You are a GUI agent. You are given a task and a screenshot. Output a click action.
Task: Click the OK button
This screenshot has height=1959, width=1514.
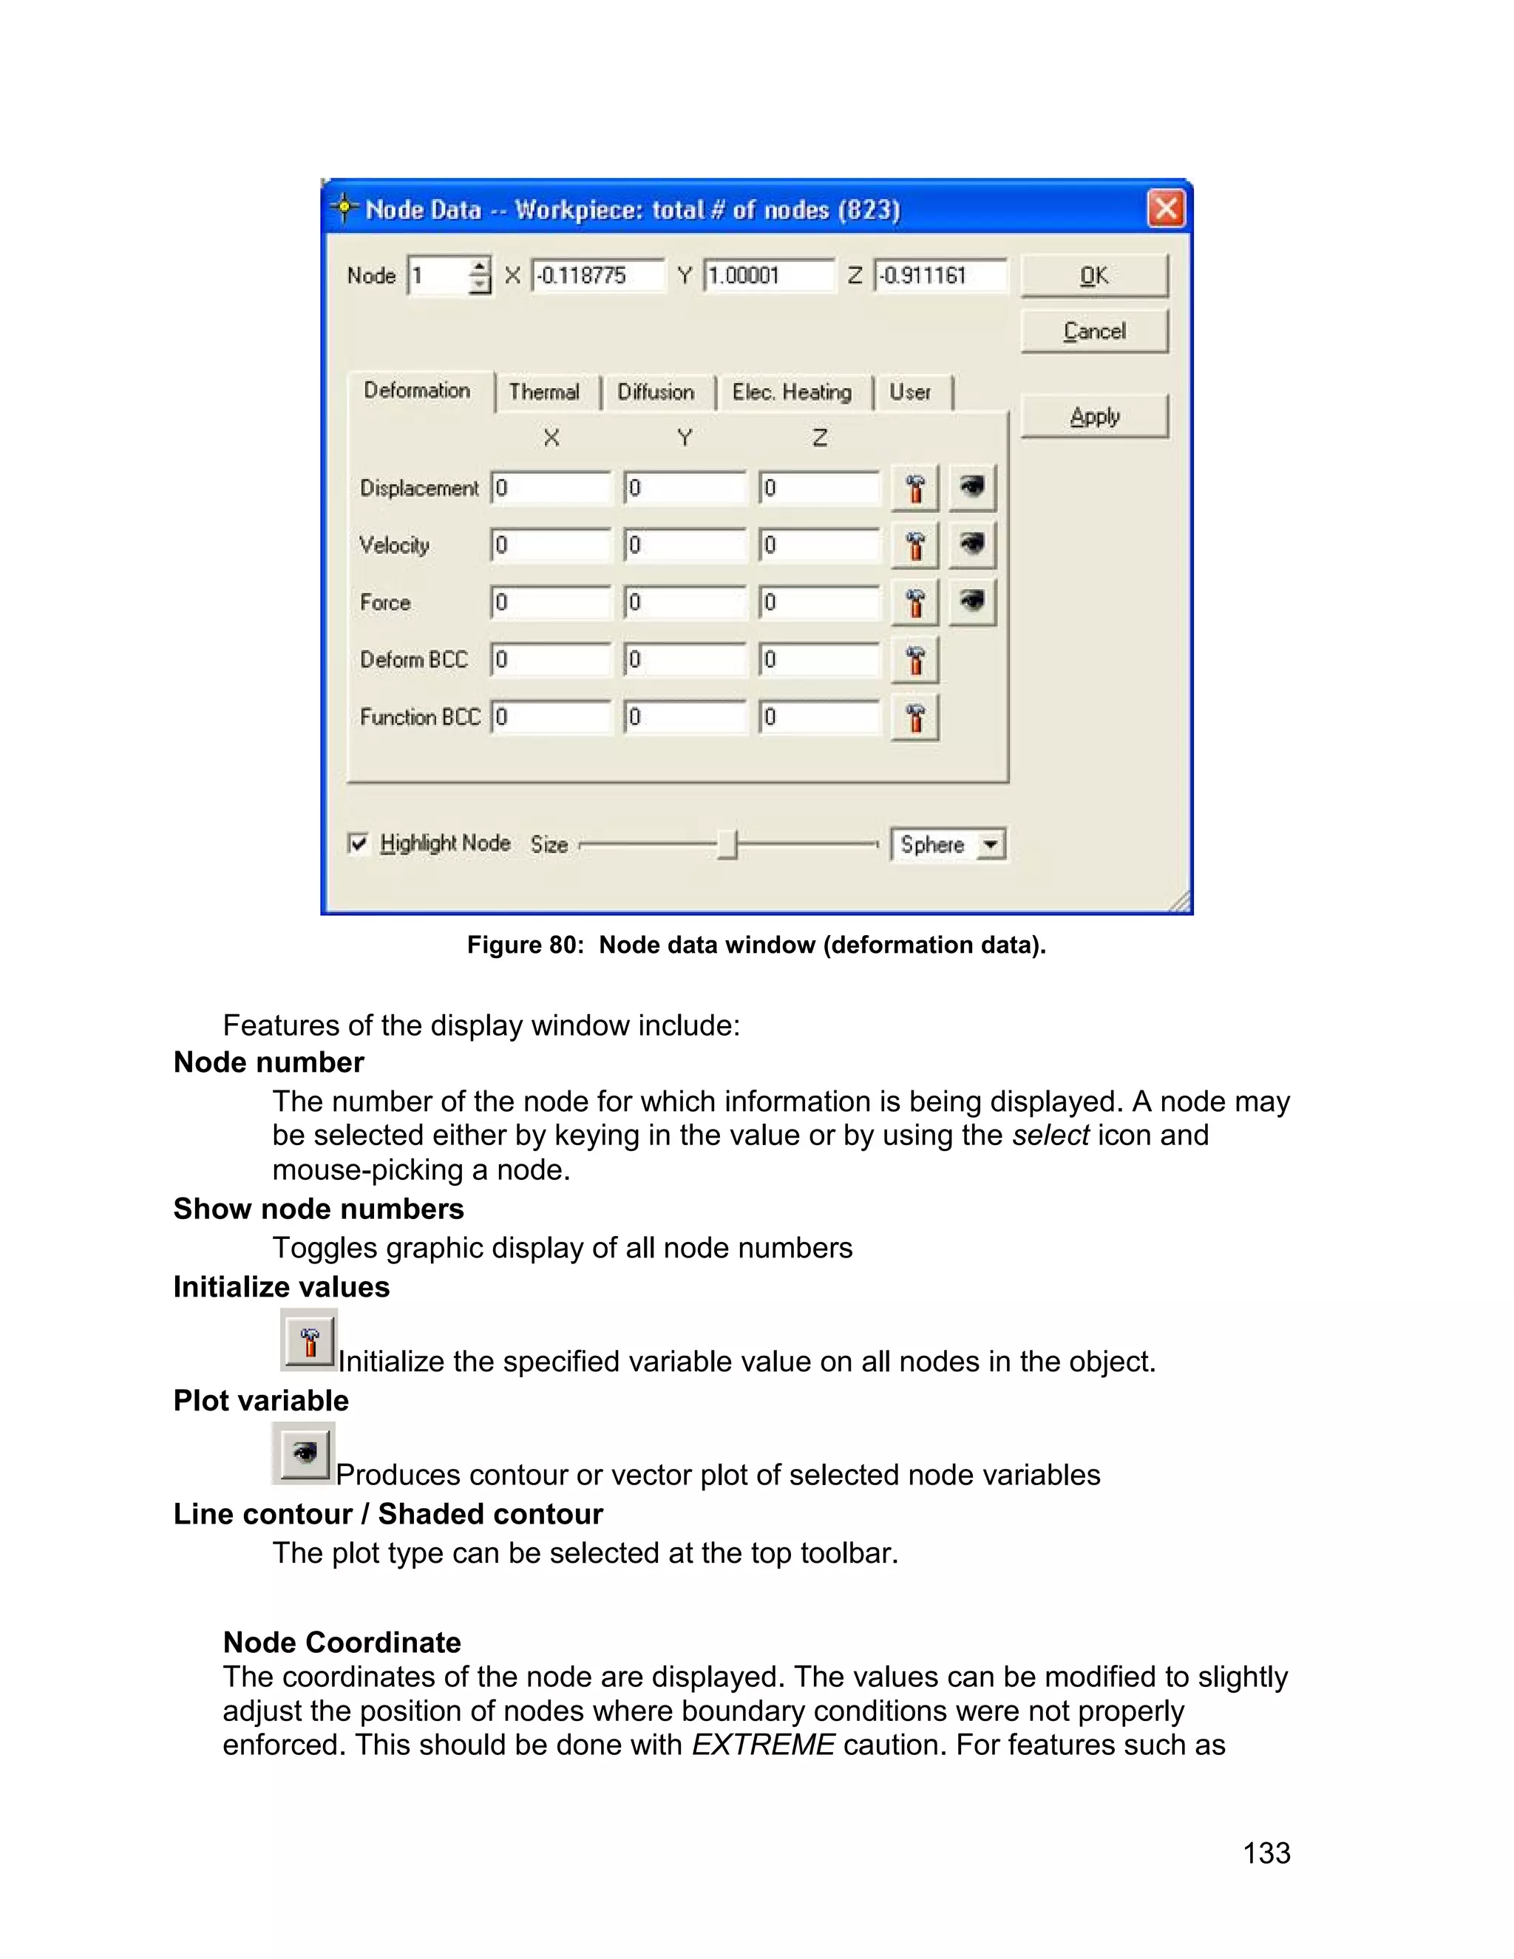coord(1093,276)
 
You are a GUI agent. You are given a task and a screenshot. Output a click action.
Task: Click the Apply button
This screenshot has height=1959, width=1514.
coord(1093,416)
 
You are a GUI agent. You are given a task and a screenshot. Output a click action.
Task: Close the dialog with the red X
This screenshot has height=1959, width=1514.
coord(1165,209)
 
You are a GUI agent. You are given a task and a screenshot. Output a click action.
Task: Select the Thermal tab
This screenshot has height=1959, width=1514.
coord(544,392)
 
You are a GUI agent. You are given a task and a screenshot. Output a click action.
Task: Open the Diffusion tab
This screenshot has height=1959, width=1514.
coord(656,392)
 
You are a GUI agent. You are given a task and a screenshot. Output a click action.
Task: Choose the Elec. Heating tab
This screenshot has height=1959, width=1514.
coord(792,392)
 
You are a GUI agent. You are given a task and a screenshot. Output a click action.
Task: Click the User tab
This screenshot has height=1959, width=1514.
coord(909,392)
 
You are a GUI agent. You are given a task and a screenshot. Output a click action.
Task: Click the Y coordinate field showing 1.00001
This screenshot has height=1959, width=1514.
coord(768,276)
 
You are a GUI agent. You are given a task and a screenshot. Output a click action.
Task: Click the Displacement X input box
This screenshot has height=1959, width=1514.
coord(550,488)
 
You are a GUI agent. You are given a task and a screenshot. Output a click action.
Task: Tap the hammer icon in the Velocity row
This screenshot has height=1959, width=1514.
coord(915,546)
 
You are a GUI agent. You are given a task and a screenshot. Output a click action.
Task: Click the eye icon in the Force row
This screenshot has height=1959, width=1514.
coord(972,602)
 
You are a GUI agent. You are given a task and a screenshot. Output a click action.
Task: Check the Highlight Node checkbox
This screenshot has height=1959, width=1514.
coord(359,843)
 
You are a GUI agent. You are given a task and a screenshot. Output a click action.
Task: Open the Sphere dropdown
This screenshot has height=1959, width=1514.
coord(990,844)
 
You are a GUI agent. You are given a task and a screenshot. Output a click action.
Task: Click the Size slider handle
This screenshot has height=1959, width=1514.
coord(728,844)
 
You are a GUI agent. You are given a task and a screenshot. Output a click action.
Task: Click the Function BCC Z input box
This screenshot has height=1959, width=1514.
coord(819,716)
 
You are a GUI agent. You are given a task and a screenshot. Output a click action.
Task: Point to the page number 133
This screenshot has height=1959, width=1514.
coord(1266,1853)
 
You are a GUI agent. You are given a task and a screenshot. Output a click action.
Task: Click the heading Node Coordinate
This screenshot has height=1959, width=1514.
coord(342,1641)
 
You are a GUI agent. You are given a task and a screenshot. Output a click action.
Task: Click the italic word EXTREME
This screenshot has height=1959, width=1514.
coord(762,1745)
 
